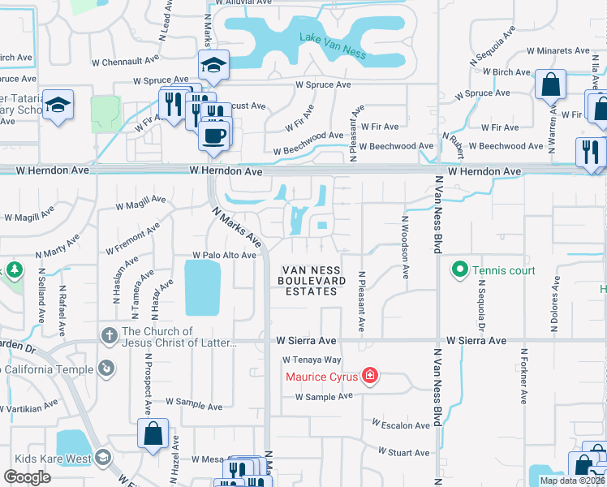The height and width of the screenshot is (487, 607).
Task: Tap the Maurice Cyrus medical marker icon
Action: tap(370, 376)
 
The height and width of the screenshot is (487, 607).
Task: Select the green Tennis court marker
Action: tap(459, 269)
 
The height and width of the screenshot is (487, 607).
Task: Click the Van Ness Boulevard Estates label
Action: tap(313, 281)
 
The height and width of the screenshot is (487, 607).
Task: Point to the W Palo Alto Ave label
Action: tap(224, 255)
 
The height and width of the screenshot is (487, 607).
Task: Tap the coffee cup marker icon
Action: tap(214, 134)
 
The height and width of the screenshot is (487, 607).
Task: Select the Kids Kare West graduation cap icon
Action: tap(102, 459)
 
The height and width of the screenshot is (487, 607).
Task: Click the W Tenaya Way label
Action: tap(312, 360)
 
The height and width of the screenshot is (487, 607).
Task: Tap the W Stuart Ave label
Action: tap(403, 452)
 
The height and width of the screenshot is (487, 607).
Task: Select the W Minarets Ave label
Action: tap(558, 50)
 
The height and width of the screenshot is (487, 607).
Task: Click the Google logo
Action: tap(28, 476)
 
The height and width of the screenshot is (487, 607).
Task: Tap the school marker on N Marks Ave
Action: tap(213, 64)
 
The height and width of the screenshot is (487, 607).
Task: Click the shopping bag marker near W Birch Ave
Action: tap(550, 84)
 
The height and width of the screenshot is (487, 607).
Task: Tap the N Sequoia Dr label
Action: tap(480, 304)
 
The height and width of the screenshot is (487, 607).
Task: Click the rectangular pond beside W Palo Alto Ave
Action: tap(202, 288)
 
